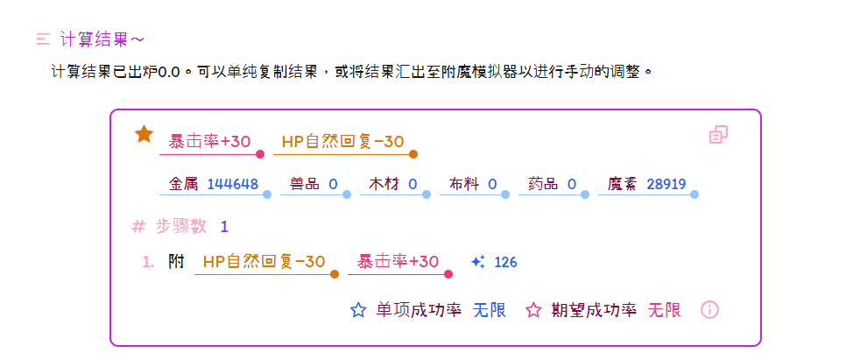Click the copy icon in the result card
(x=719, y=135)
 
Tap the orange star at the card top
(x=144, y=134)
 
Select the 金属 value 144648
(x=233, y=184)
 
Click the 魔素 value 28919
(x=666, y=184)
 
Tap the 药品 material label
(x=543, y=184)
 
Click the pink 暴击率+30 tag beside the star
(x=209, y=142)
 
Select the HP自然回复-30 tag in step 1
(x=264, y=262)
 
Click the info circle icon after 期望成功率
(x=710, y=310)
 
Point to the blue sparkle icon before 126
(x=477, y=262)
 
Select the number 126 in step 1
(x=506, y=263)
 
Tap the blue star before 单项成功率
(x=358, y=310)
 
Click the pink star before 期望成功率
(x=533, y=310)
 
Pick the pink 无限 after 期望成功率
(x=664, y=310)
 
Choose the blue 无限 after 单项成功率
(x=490, y=310)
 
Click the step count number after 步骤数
(x=225, y=227)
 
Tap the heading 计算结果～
(x=102, y=39)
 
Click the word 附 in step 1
(x=176, y=262)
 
